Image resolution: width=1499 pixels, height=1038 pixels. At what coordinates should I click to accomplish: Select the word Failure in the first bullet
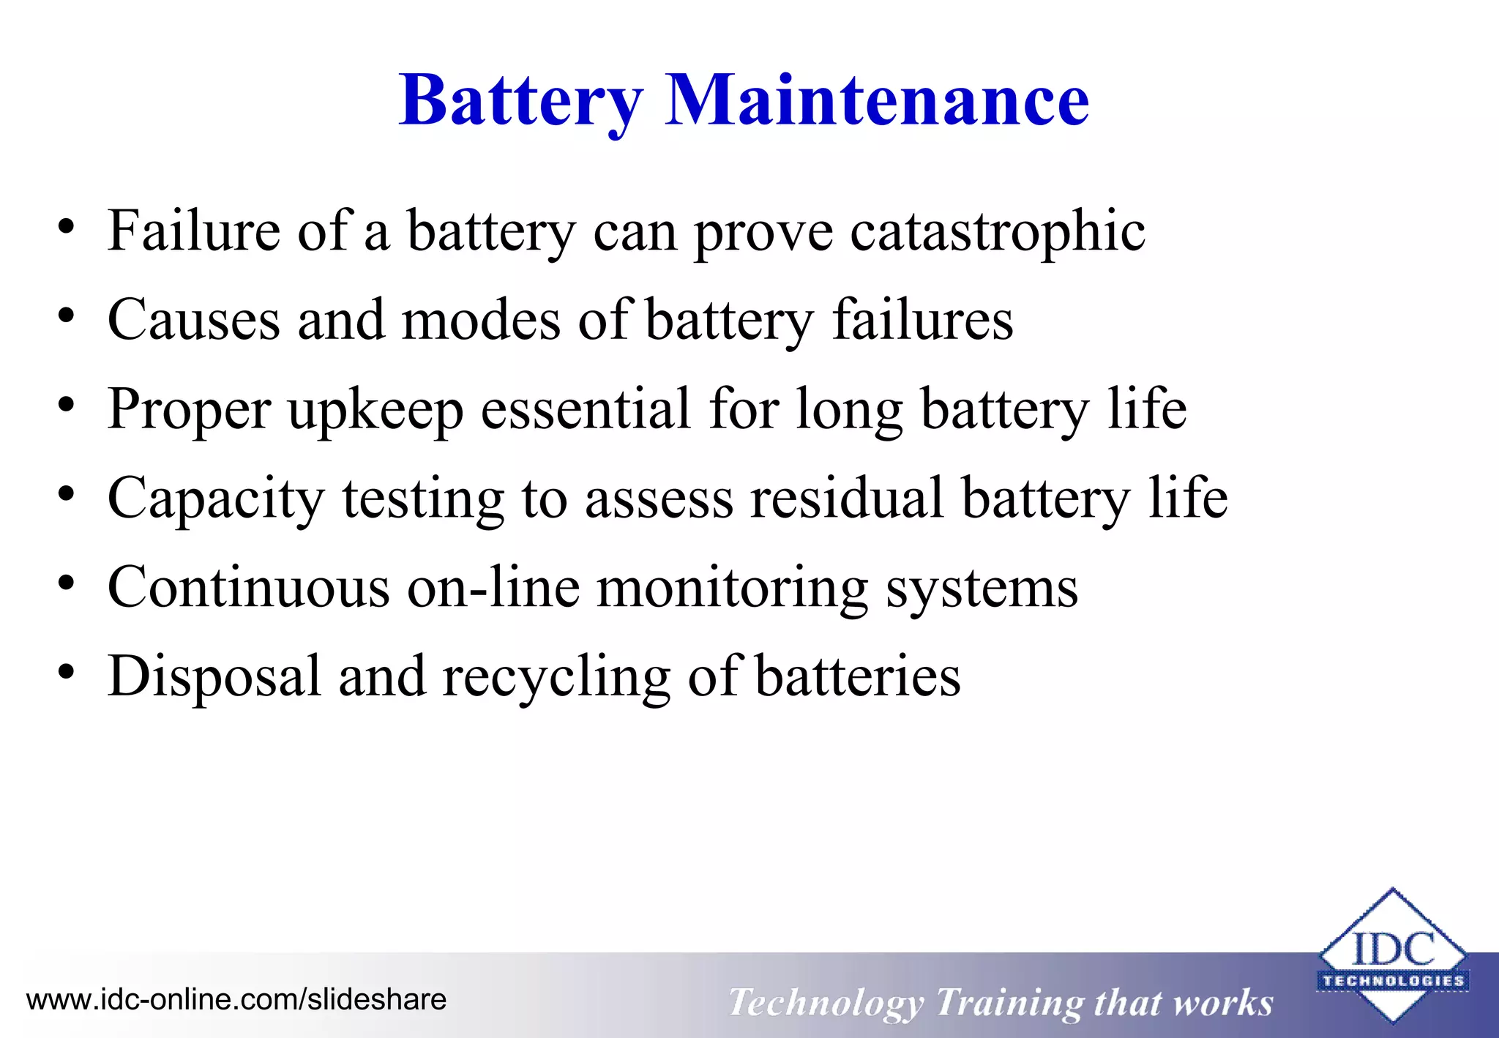193,231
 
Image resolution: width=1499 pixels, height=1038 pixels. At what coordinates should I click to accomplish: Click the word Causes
193,321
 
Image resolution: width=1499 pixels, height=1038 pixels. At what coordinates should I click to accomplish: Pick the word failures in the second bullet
922,321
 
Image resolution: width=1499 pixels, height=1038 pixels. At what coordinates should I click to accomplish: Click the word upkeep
375,410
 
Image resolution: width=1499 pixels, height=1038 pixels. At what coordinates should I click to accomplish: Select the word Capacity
216,499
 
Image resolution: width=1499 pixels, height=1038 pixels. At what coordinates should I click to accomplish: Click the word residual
847,499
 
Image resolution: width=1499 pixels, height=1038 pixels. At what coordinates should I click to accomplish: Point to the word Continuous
248,588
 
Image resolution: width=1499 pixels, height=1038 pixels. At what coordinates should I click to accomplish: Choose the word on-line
493,588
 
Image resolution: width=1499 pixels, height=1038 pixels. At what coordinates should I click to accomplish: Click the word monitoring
733,588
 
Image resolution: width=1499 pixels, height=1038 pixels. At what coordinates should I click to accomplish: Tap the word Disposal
214,676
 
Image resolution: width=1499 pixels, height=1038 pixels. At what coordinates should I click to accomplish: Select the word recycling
556,676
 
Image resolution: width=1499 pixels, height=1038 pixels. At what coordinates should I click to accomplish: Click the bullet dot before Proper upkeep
67,405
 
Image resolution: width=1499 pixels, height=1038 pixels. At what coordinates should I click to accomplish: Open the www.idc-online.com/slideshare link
236,1000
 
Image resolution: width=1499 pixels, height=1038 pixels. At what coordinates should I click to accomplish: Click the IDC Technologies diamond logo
1392,955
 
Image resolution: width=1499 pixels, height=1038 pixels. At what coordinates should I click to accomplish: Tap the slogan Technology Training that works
1001,1002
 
